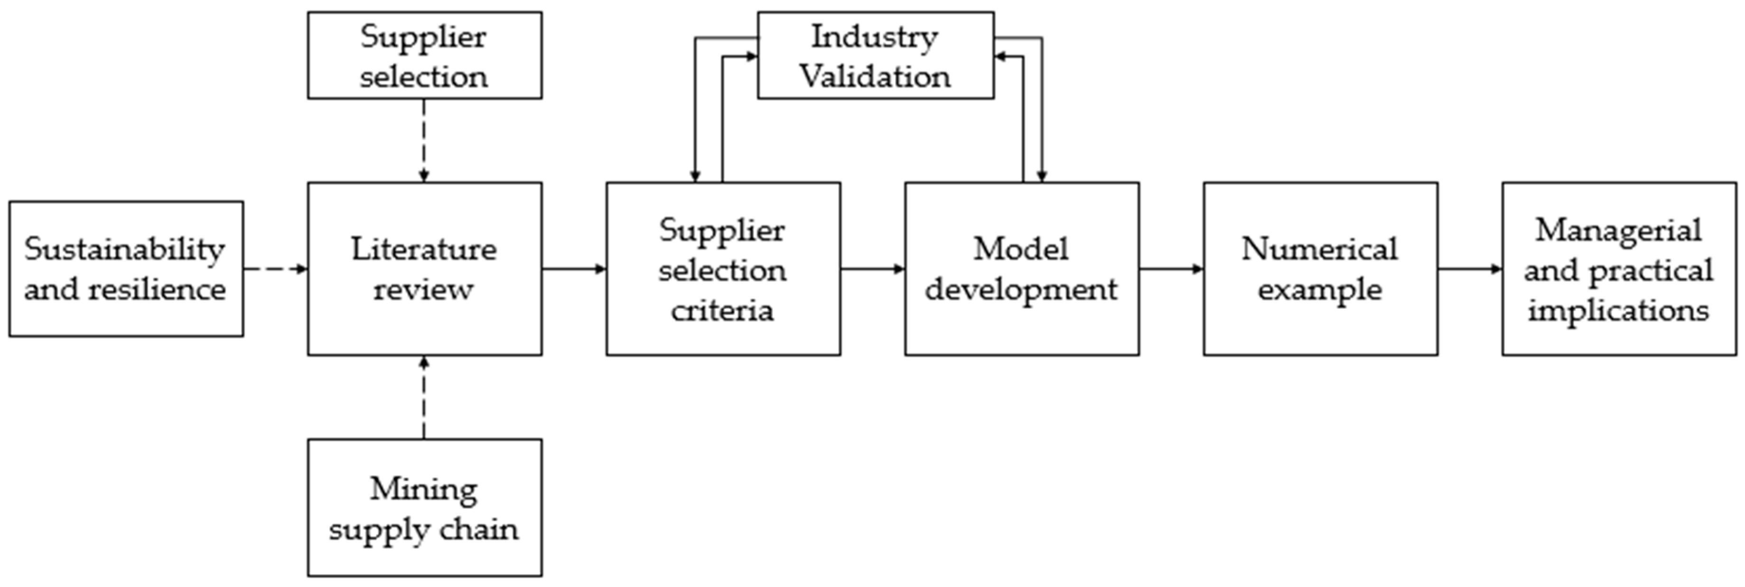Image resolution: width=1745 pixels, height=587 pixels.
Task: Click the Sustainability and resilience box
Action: (126, 269)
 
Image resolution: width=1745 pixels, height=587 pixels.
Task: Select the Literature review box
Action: (425, 269)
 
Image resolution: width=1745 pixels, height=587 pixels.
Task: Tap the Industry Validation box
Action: (875, 56)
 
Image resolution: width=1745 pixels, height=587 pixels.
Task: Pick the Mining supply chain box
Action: (425, 508)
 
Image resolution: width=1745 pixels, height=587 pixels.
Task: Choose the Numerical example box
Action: (1320, 269)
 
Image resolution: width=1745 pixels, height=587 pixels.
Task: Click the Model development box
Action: (1022, 269)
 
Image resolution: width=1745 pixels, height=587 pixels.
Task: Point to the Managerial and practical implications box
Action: (1619, 269)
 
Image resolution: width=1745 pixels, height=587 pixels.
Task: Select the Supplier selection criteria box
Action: (723, 269)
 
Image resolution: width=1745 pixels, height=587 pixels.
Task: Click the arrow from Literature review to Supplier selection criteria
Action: (574, 269)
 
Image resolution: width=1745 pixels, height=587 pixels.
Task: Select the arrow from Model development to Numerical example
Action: (1171, 269)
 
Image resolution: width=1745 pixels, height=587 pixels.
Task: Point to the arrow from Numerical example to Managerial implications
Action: (1469, 269)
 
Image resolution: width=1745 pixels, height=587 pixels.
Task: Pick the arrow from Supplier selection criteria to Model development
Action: (872, 269)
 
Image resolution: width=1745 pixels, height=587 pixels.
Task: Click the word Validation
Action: (875, 76)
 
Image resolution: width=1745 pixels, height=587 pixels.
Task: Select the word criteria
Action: (722, 310)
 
